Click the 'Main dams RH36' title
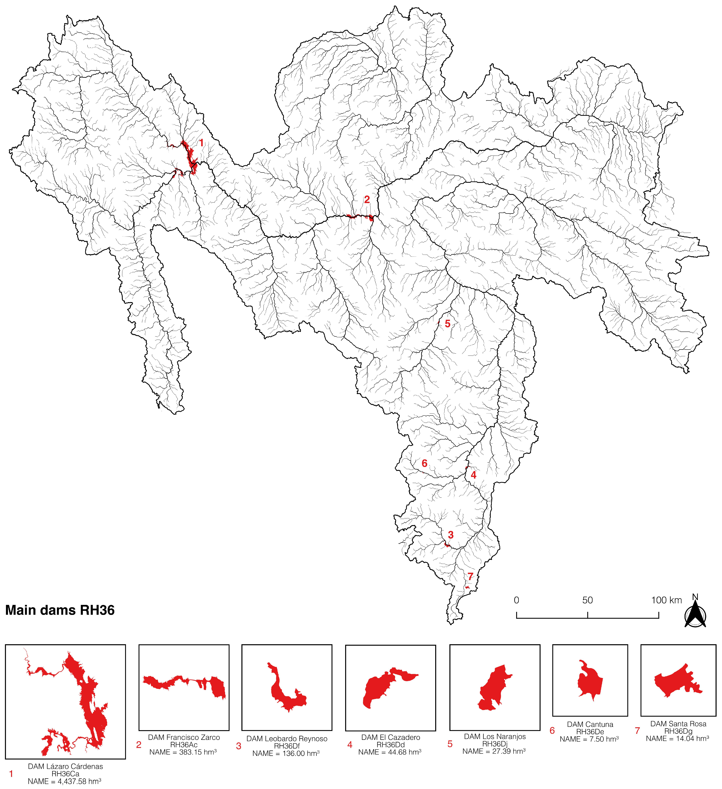[x=60, y=610]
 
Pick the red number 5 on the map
[x=447, y=324]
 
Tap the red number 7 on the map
[x=470, y=576]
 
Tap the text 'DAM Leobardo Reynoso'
[x=287, y=738]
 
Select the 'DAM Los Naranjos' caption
[x=495, y=737]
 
